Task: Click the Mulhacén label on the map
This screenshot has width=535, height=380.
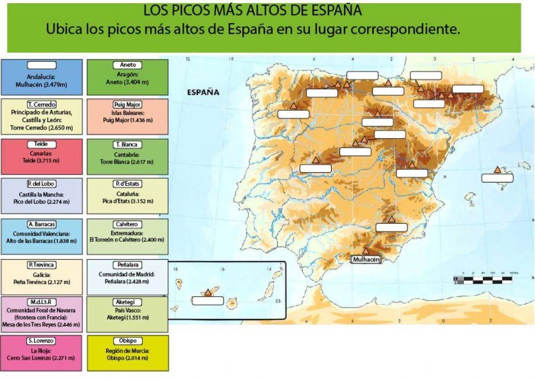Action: click(366, 260)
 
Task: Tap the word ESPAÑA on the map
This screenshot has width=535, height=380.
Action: click(203, 92)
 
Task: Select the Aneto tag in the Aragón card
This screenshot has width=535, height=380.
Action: click(127, 65)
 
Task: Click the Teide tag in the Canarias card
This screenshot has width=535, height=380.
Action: click(41, 145)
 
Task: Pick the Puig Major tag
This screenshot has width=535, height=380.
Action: click(127, 104)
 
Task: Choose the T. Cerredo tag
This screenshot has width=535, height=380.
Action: click(41, 104)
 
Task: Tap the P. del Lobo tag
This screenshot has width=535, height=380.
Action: click(41, 184)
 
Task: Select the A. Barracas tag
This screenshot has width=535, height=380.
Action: click(41, 224)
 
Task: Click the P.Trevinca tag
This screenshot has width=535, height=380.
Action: click(41, 265)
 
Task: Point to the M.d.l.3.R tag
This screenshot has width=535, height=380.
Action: click(41, 302)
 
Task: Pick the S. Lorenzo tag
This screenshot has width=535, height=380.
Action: click(41, 341)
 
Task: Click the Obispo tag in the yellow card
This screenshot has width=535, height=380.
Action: click(127, 341)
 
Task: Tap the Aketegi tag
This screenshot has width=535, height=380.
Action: click(127, 302)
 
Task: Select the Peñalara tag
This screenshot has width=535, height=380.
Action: click(127, 265)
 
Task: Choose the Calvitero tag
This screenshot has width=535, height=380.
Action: click(127, 224)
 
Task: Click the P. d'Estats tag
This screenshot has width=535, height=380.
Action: click(127, 184)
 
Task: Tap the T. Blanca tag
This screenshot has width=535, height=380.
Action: click(127, 145)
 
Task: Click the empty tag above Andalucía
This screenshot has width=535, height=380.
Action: click(41, 65)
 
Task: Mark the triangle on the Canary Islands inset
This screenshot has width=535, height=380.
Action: click(208, 292)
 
